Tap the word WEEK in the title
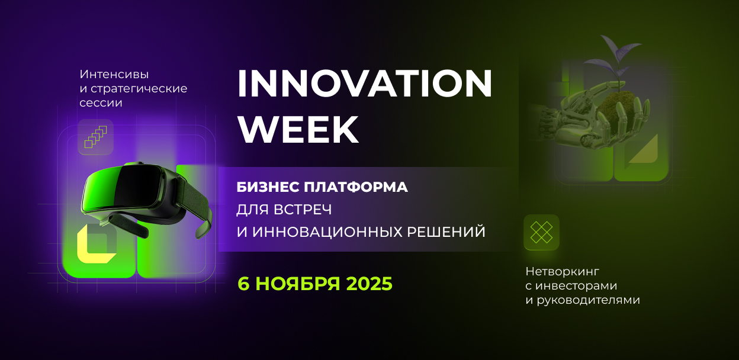pos(298,129)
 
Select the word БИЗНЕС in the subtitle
pos(268,188)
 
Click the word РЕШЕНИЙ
pos(446,232)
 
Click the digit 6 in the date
pos(243,284)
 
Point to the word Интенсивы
pos(114,74)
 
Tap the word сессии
pos(101,103)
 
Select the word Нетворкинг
pos(562,272)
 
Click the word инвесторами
pos(576,286)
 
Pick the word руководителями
pos(588,300)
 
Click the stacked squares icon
pos(96,137)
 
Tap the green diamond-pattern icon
pos(541,232)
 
